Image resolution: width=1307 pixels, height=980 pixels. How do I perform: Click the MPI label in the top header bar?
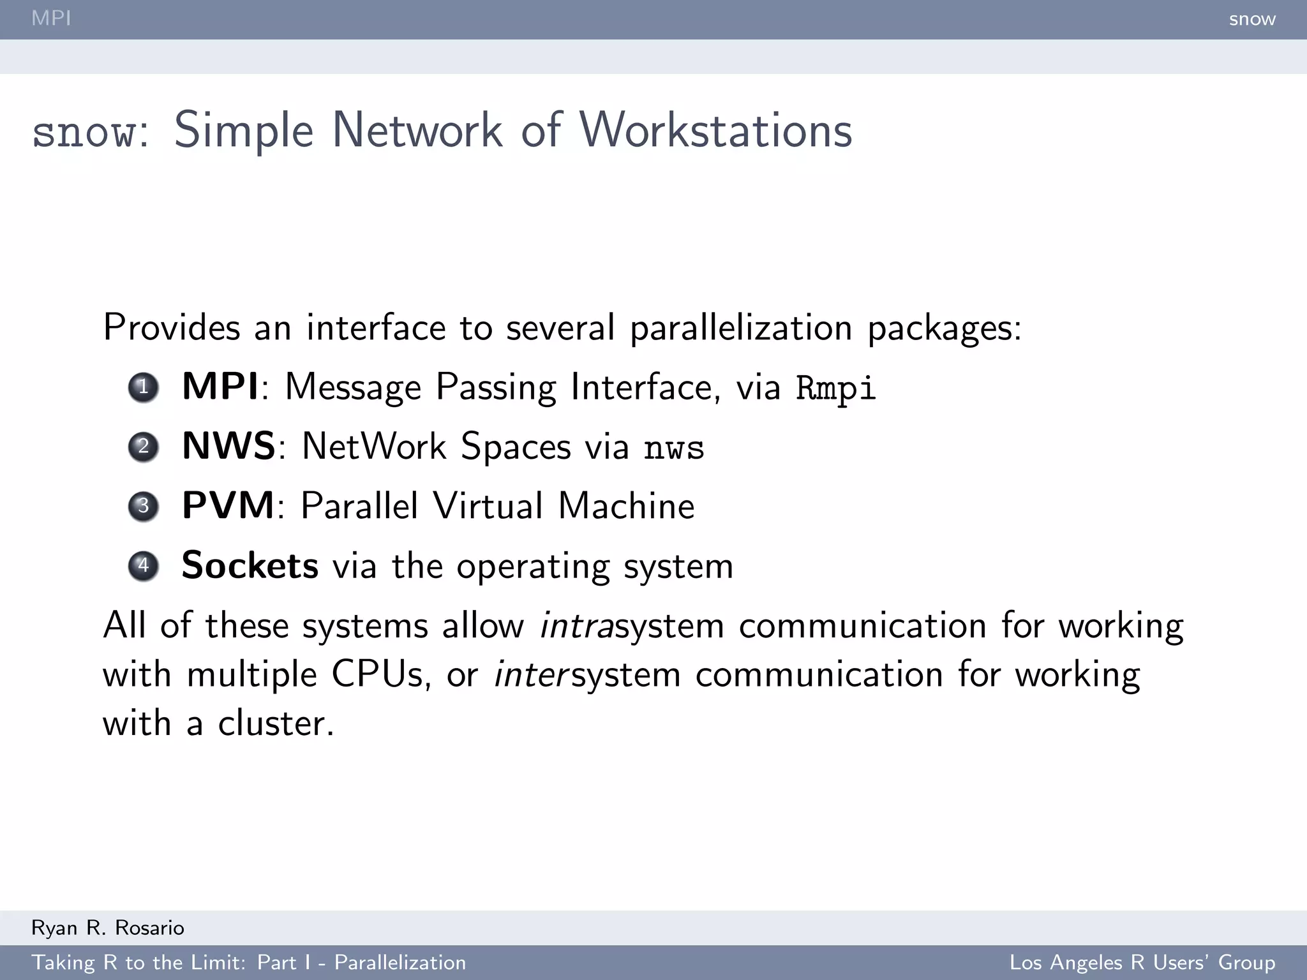pyautogui.click(x=51, y=19)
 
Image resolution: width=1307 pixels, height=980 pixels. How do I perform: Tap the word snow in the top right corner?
pyautogui.click(x=1251, y=19)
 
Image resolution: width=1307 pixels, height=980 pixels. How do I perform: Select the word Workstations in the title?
pyautogui.click(x=715, y=130)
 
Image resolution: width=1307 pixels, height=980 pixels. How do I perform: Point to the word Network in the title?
pyautogui.click(x=417, y=130)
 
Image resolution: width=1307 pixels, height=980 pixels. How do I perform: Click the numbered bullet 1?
pyautogui.click(x=143, y=387)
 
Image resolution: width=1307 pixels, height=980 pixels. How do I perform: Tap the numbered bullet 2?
pyautogui.click(x=143, y=447)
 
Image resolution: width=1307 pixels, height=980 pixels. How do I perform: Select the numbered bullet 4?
pyautogui.click(x=143, y=566)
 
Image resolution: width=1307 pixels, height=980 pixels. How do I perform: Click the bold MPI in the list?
pyautogui.click(x=220, y=387)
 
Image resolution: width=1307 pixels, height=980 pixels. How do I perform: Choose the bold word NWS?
pyautogui.click(x=228, y=446)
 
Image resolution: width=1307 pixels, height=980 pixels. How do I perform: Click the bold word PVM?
pyautogui.click(x=228, y=506)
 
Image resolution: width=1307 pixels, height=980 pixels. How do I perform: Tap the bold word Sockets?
pyautogui.click(x=250, y=565)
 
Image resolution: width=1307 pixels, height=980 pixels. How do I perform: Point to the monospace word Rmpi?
pyautogui.click(x=836, y=388)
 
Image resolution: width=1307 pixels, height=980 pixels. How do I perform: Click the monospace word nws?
pyautogui.click(x=674, y=447)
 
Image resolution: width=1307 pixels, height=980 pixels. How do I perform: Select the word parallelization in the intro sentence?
pyautogui.click(x=740, y=328)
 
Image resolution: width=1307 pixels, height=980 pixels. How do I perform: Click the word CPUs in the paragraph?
pyautogui.click(x=377, y=674)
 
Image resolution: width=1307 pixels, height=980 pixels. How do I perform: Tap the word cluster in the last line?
pyautogui.click(x=276, y=724)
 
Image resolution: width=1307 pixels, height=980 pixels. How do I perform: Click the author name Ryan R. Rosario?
pyautogui.click(x=108, y=928)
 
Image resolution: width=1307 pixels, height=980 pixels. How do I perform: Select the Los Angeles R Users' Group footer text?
pyautogui.click(x=1142, y=962)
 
